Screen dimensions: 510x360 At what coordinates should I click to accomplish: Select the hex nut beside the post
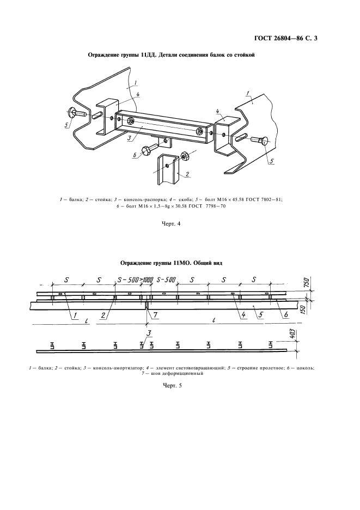coord(184,155)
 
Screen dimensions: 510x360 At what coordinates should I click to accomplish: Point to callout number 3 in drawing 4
coord(130,139)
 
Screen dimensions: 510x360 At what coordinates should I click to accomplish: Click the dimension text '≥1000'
coord(145,280)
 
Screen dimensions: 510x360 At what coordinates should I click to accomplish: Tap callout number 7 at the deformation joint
coord(155,314)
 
